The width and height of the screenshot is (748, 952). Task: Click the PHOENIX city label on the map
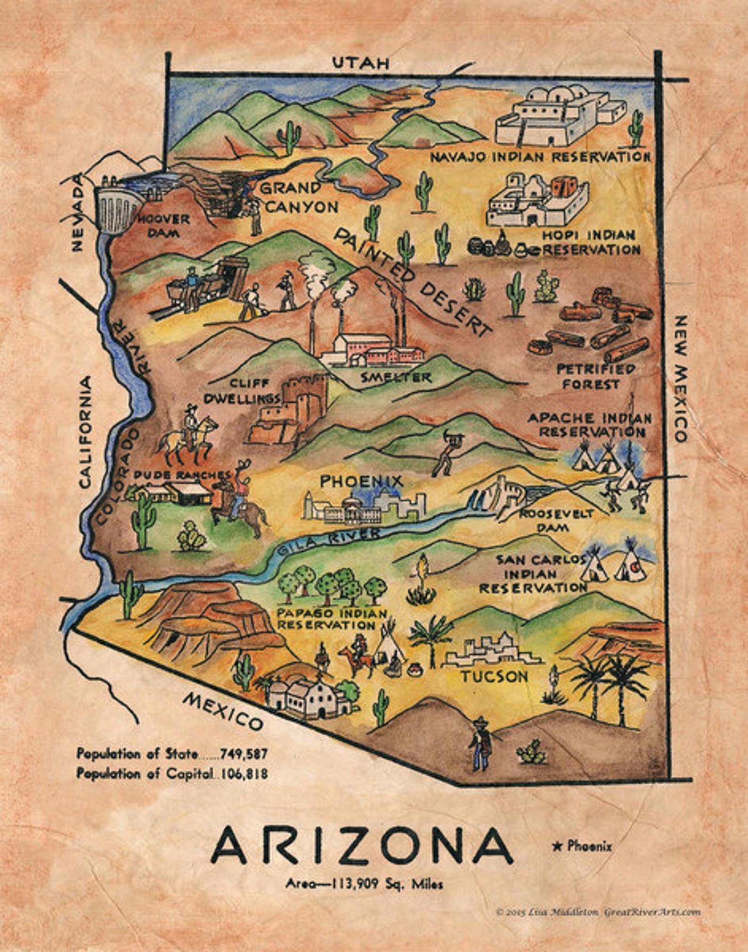point(362,481)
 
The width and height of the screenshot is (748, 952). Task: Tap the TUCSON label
point(494,677)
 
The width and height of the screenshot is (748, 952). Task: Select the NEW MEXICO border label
point(680,379)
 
